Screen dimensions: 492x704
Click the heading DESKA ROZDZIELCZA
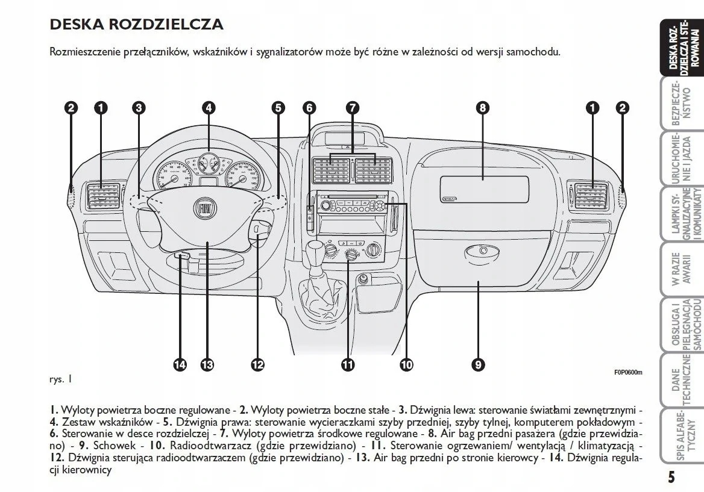pyautogui.click(x=136, y=25)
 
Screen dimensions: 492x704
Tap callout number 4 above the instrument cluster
pyautogui.click(x=209, y=108)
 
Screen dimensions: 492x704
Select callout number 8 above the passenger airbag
pyautogui.click(x=482, y=108)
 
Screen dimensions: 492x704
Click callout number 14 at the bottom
pyautogui.click(x=180, y=364)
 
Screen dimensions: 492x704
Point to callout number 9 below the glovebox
pyautogui.click(x=478, y=364)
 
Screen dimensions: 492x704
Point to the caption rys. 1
pyautogui.click(x=60, y=379)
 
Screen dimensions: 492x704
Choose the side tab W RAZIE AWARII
pyautogui.click(x=684, y=272)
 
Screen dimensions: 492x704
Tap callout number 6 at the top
pyautogui.click(x=309, y=108)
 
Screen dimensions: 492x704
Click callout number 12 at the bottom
pyautogui.click(x=257, y=364)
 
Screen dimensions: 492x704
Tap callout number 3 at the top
pyautogui.click(x=139, y=108)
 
